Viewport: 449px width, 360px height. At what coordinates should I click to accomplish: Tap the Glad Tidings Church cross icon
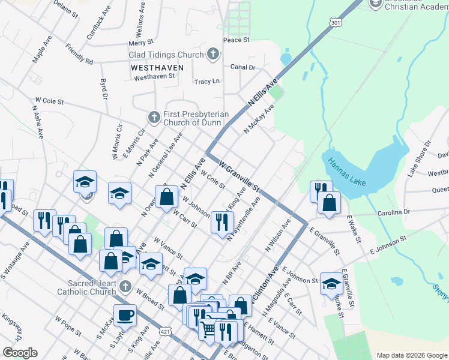211,55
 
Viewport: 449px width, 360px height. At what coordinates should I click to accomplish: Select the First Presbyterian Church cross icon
154,117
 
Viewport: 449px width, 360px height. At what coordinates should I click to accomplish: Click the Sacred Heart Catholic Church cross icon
125,287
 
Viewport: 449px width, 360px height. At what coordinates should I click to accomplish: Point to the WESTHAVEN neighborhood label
153,68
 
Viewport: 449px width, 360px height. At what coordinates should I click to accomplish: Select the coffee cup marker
125,314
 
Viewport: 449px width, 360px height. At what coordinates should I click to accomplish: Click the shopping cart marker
207,328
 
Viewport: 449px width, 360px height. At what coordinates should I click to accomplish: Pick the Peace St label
236,40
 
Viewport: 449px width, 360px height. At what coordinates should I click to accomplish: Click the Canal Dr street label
243,68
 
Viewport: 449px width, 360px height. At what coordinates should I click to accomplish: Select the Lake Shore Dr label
420,158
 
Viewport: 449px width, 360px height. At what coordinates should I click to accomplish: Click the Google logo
20,352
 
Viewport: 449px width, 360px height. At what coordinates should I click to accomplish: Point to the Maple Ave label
42,49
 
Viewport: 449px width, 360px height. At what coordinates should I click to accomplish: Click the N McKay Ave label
259,118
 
